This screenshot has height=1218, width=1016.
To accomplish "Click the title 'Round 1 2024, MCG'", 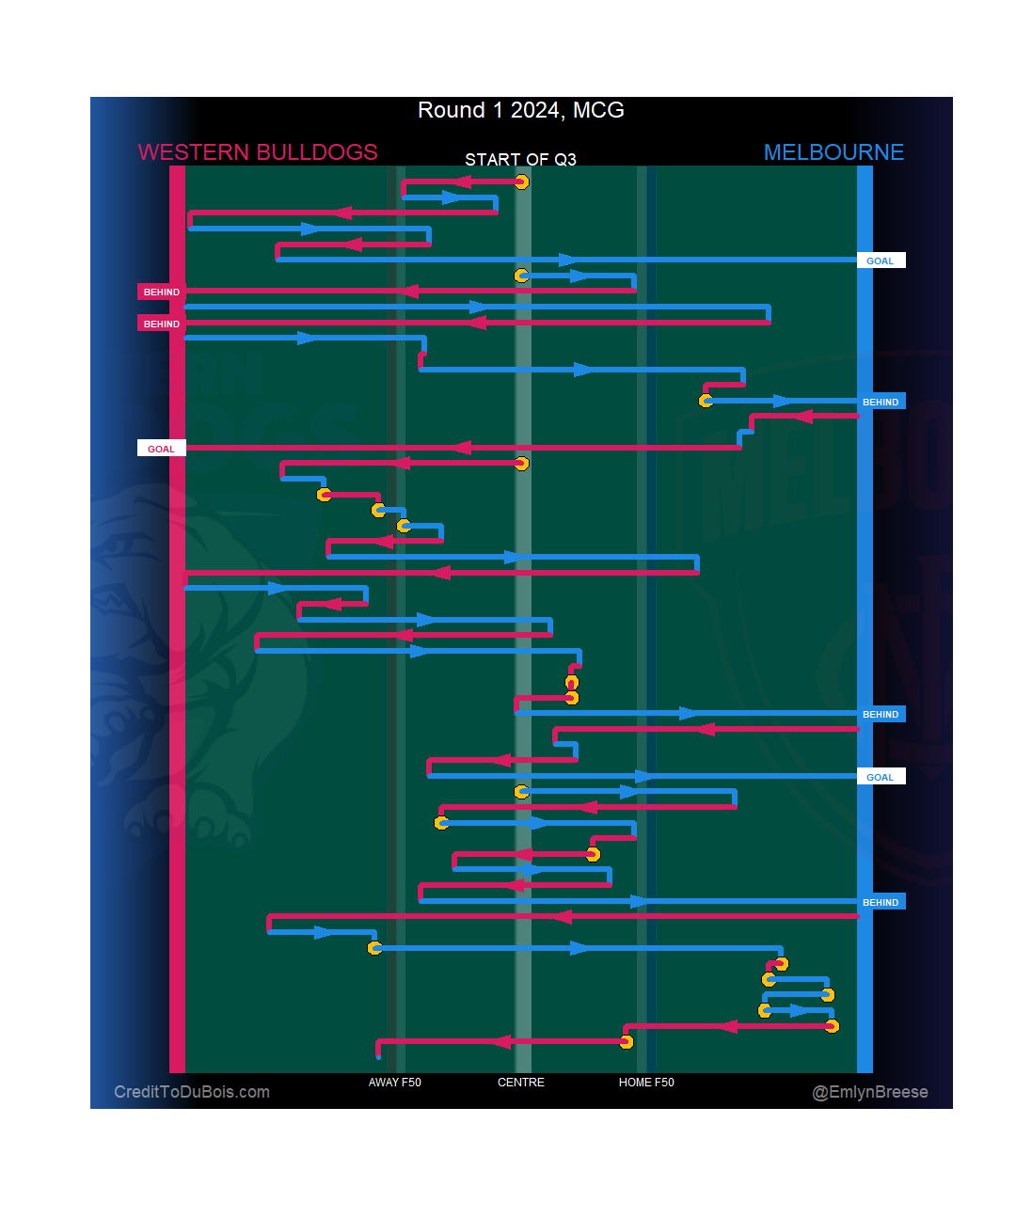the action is point(520,110).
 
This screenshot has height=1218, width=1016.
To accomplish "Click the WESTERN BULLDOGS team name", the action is point(258,152).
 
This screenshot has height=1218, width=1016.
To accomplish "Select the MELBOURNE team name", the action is point(833,152).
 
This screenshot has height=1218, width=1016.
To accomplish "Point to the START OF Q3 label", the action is point(520,159).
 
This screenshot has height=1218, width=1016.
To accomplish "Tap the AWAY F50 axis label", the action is point(395,1083).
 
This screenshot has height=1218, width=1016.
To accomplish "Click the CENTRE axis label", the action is point(521,1083).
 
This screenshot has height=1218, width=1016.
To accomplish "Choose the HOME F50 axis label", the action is point(646,1083).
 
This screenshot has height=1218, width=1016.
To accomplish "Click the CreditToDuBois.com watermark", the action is point(192,1092).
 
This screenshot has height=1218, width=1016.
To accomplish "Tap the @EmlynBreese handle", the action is point(870,1092).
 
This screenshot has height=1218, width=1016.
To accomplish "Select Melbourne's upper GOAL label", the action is point(881,261).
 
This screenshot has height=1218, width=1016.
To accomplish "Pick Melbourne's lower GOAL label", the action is point(881,777).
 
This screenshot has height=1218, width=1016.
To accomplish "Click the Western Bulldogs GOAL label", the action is point(161,449).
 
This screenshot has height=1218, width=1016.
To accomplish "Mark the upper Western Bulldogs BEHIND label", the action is point(161,292).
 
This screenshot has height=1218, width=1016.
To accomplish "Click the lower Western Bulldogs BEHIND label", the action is point(161,324).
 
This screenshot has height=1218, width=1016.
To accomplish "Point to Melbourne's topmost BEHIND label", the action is point(881,402).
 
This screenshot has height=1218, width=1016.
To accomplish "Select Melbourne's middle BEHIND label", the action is point(881,714).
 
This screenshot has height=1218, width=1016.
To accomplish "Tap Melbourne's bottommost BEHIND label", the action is point(881,902).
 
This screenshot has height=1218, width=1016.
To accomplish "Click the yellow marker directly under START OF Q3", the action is point(521,182).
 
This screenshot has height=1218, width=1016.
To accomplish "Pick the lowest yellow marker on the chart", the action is point(627,1041).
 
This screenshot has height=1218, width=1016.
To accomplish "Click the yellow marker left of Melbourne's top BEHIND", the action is point(706,401).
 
